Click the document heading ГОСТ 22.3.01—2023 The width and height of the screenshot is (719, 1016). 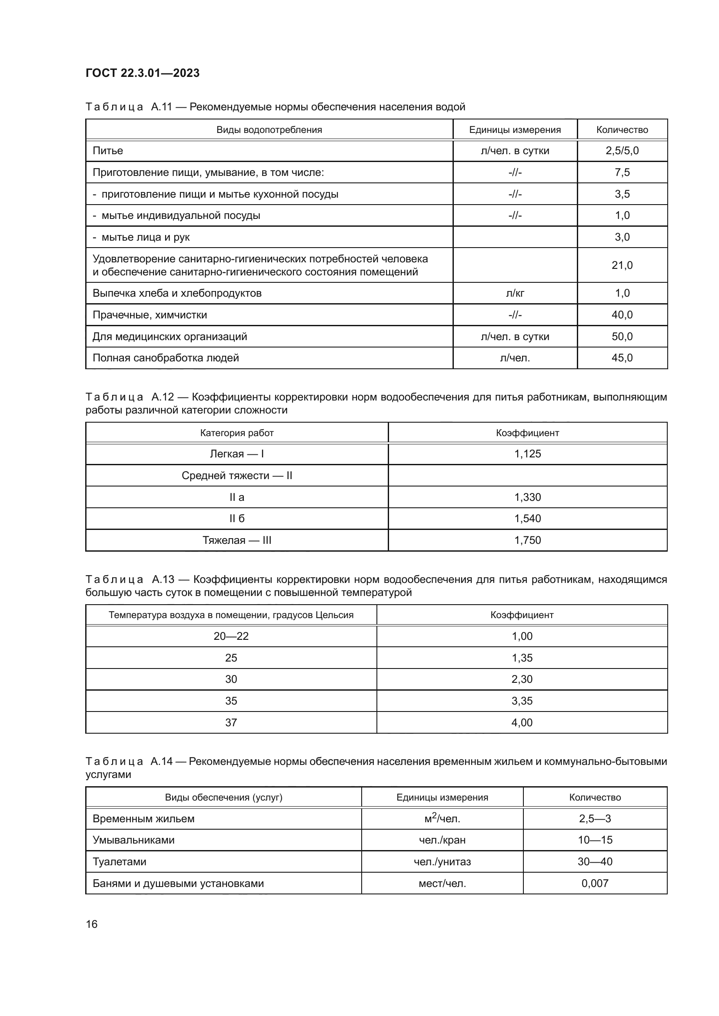142,73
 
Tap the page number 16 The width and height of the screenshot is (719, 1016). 92,924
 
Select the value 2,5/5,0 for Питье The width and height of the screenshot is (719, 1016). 622,151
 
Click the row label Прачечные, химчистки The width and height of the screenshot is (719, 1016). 150,315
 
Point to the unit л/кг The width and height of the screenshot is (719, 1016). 515,293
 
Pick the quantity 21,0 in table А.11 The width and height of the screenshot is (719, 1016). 622,265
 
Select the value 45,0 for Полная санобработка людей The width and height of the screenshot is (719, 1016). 622,358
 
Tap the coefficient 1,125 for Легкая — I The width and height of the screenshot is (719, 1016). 527,454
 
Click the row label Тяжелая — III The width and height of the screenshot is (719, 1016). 237,540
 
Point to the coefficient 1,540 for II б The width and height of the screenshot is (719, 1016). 527,519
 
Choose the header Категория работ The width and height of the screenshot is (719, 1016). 237,433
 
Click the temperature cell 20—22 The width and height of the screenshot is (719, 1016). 231,636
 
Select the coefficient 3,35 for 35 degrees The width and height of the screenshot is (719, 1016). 522,701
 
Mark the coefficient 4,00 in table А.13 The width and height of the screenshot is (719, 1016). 522,723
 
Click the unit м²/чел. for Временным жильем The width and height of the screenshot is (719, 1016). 442,819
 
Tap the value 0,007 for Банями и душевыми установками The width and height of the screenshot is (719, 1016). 595,883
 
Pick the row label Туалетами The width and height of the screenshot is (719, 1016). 119,861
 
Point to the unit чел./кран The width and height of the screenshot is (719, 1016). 442,840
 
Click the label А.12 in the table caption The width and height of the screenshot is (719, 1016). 162,397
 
